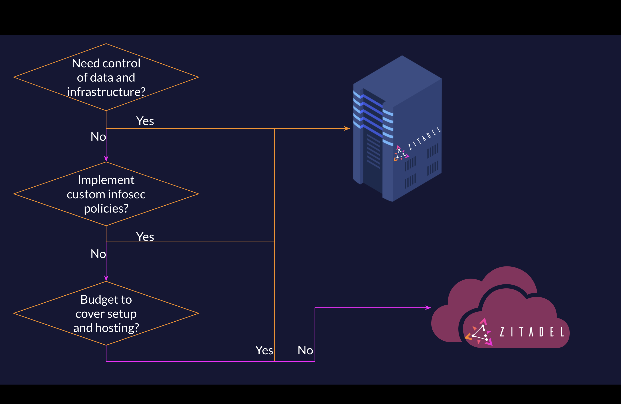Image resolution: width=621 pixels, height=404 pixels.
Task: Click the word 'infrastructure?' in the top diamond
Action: coord(106,92)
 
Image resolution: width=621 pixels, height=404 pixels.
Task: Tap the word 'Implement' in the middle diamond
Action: coord(106,180)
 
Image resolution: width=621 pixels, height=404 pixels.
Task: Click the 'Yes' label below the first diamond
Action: coord(145,121)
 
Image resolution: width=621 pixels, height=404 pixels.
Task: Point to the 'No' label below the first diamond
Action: coord(98,137)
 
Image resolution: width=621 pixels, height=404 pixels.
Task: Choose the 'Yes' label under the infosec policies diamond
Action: coord(145,237)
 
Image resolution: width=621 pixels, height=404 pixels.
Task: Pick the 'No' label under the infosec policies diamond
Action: coord(98,254)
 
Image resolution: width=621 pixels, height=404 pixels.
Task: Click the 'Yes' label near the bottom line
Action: coord(264,350)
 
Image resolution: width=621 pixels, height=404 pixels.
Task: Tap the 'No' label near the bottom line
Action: coord(305,350)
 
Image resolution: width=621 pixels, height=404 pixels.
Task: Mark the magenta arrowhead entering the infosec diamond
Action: coord(106,159)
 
